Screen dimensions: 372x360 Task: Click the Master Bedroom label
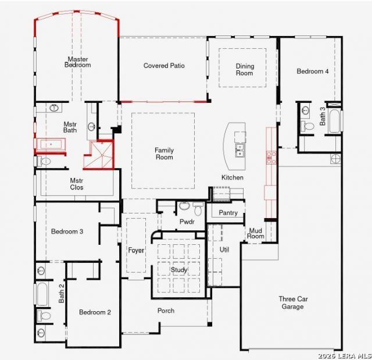coord(77,62)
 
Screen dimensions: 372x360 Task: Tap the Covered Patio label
coord(164,66)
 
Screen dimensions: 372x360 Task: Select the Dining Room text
coord(245,70)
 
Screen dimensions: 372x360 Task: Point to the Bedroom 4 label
coord(313,71)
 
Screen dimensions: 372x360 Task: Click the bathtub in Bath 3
coord(334,121)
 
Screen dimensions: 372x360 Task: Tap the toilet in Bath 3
coord(307,126)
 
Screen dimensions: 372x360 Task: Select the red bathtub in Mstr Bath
coord(51,144)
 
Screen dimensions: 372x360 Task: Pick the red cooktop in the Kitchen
coord(271,158)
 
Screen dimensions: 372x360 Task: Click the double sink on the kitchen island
coord(239,151)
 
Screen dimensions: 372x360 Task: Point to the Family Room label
coord(164,154)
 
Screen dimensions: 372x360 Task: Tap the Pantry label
coord(228,213)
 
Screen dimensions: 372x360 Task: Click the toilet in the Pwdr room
coord(198,209)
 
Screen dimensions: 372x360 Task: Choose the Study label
coord(179,270)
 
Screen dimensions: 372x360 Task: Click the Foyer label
coord(136,250)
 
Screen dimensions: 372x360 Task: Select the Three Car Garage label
coord(293,302)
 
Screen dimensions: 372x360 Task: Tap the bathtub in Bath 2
coord(42,294)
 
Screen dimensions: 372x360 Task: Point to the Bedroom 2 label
coord(95,312)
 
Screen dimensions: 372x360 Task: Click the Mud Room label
coord(256,233)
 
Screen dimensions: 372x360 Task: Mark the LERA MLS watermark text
coord(345,356)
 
